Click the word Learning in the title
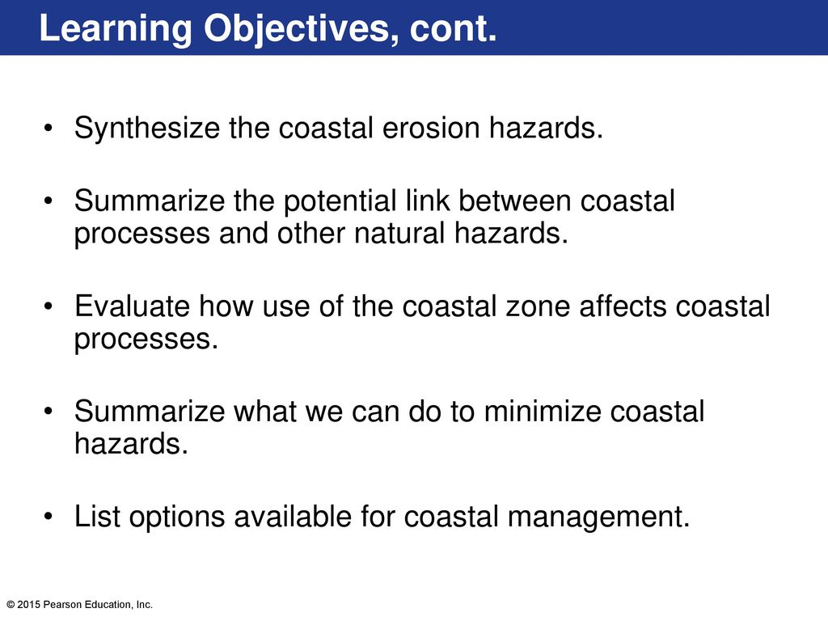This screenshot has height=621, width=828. coord(115,30)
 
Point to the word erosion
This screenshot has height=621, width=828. coord(431,128)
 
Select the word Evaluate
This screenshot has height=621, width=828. coord(133,306)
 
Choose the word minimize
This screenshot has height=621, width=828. coord(543,411)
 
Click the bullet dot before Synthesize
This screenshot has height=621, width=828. coord(49,128)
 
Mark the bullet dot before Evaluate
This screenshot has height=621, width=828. coord(49,306)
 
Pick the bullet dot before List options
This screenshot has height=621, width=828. coord(49,517)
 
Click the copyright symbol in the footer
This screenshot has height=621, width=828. coord(11,605)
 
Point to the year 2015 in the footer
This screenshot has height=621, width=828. coord(29,605)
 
